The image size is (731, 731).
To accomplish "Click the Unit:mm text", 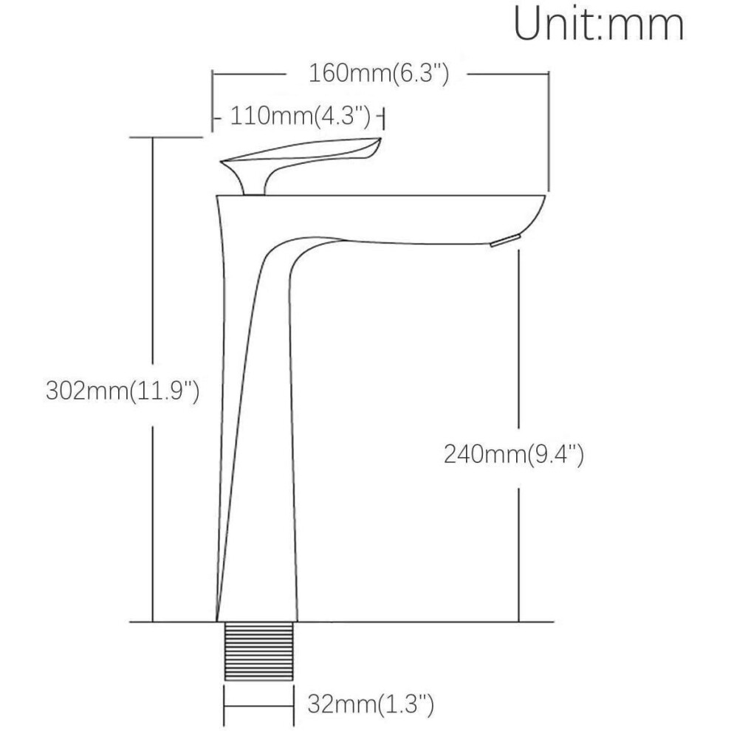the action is tap(599, 24).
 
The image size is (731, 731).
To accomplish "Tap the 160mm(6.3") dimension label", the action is tap(379, 74).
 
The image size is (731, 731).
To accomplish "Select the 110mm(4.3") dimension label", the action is tap(301, 116).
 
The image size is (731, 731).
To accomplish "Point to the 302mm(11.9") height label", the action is tap(123, 391).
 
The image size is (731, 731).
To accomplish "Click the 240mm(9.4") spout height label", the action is tap(513, 454).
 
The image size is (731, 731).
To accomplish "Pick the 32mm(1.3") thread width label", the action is tap(371, 704).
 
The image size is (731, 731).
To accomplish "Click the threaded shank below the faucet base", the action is tap(259, 651).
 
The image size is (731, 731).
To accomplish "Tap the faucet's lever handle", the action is tap(301, 165).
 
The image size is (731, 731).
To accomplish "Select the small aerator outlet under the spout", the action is tap(505, 241).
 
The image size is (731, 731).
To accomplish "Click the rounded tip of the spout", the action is tap(540, 207).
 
